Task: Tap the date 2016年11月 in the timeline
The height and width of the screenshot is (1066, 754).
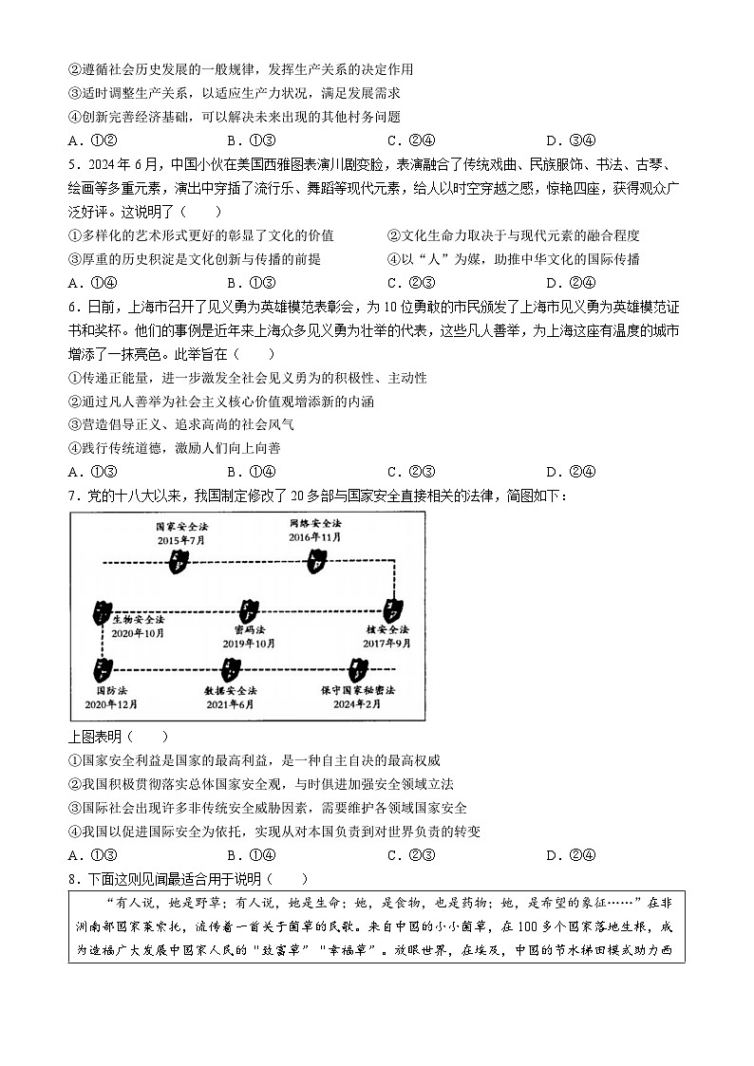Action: pos(315,537)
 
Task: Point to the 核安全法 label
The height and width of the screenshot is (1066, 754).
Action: pos(387,629)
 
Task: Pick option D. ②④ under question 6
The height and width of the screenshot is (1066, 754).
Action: pos(571,472)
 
